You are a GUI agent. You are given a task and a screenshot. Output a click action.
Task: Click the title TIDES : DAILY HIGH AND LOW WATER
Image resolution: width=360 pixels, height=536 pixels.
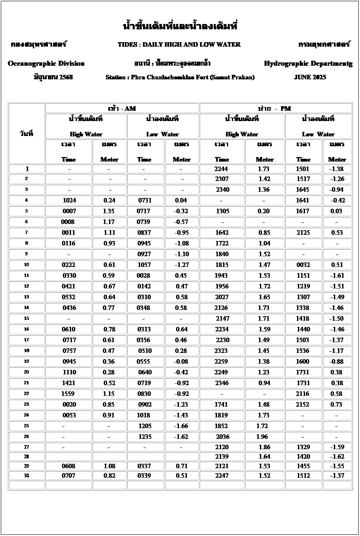pos(179,45)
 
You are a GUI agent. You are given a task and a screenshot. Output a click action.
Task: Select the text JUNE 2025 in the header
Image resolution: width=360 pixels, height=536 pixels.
pos(310,77)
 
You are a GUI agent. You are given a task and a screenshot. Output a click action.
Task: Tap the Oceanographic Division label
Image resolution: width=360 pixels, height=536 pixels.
pos(46,64)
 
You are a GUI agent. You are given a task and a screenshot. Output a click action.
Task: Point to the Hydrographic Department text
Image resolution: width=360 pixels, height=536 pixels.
pos(308,64)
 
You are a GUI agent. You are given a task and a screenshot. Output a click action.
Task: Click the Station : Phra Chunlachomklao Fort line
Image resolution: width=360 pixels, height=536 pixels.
pos(180,77)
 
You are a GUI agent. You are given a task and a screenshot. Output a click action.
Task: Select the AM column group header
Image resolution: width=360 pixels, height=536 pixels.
pos(122,108)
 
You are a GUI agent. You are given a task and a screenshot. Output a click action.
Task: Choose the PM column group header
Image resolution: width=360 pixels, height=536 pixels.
pos(275,108)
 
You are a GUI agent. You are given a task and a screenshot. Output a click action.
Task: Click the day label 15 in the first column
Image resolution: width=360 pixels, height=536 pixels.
pos(26,319)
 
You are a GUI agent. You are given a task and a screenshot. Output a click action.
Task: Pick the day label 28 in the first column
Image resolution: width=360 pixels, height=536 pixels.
pos(26,457)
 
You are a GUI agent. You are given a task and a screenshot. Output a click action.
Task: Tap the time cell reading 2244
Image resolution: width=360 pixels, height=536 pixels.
pos(221,169)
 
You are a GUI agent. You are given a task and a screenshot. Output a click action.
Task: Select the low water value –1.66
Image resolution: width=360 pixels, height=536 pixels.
pos(181,426)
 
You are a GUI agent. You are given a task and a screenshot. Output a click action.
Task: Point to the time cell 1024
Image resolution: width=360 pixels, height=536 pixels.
pos(69,200)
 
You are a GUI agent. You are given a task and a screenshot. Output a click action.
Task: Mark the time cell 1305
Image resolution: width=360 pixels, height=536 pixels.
pos(223,211)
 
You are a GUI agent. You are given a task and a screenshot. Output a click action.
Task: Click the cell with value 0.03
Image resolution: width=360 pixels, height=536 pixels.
pos(336,211)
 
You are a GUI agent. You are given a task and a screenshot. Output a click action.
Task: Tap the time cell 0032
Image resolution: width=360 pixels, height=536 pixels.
pos(303,265)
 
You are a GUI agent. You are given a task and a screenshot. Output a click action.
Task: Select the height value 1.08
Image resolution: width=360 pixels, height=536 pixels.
pos(109,466)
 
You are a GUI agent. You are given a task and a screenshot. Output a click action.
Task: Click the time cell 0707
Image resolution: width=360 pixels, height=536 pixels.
pos(69,476)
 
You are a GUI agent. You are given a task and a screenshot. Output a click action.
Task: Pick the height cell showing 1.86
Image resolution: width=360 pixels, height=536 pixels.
pos(265,447)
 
